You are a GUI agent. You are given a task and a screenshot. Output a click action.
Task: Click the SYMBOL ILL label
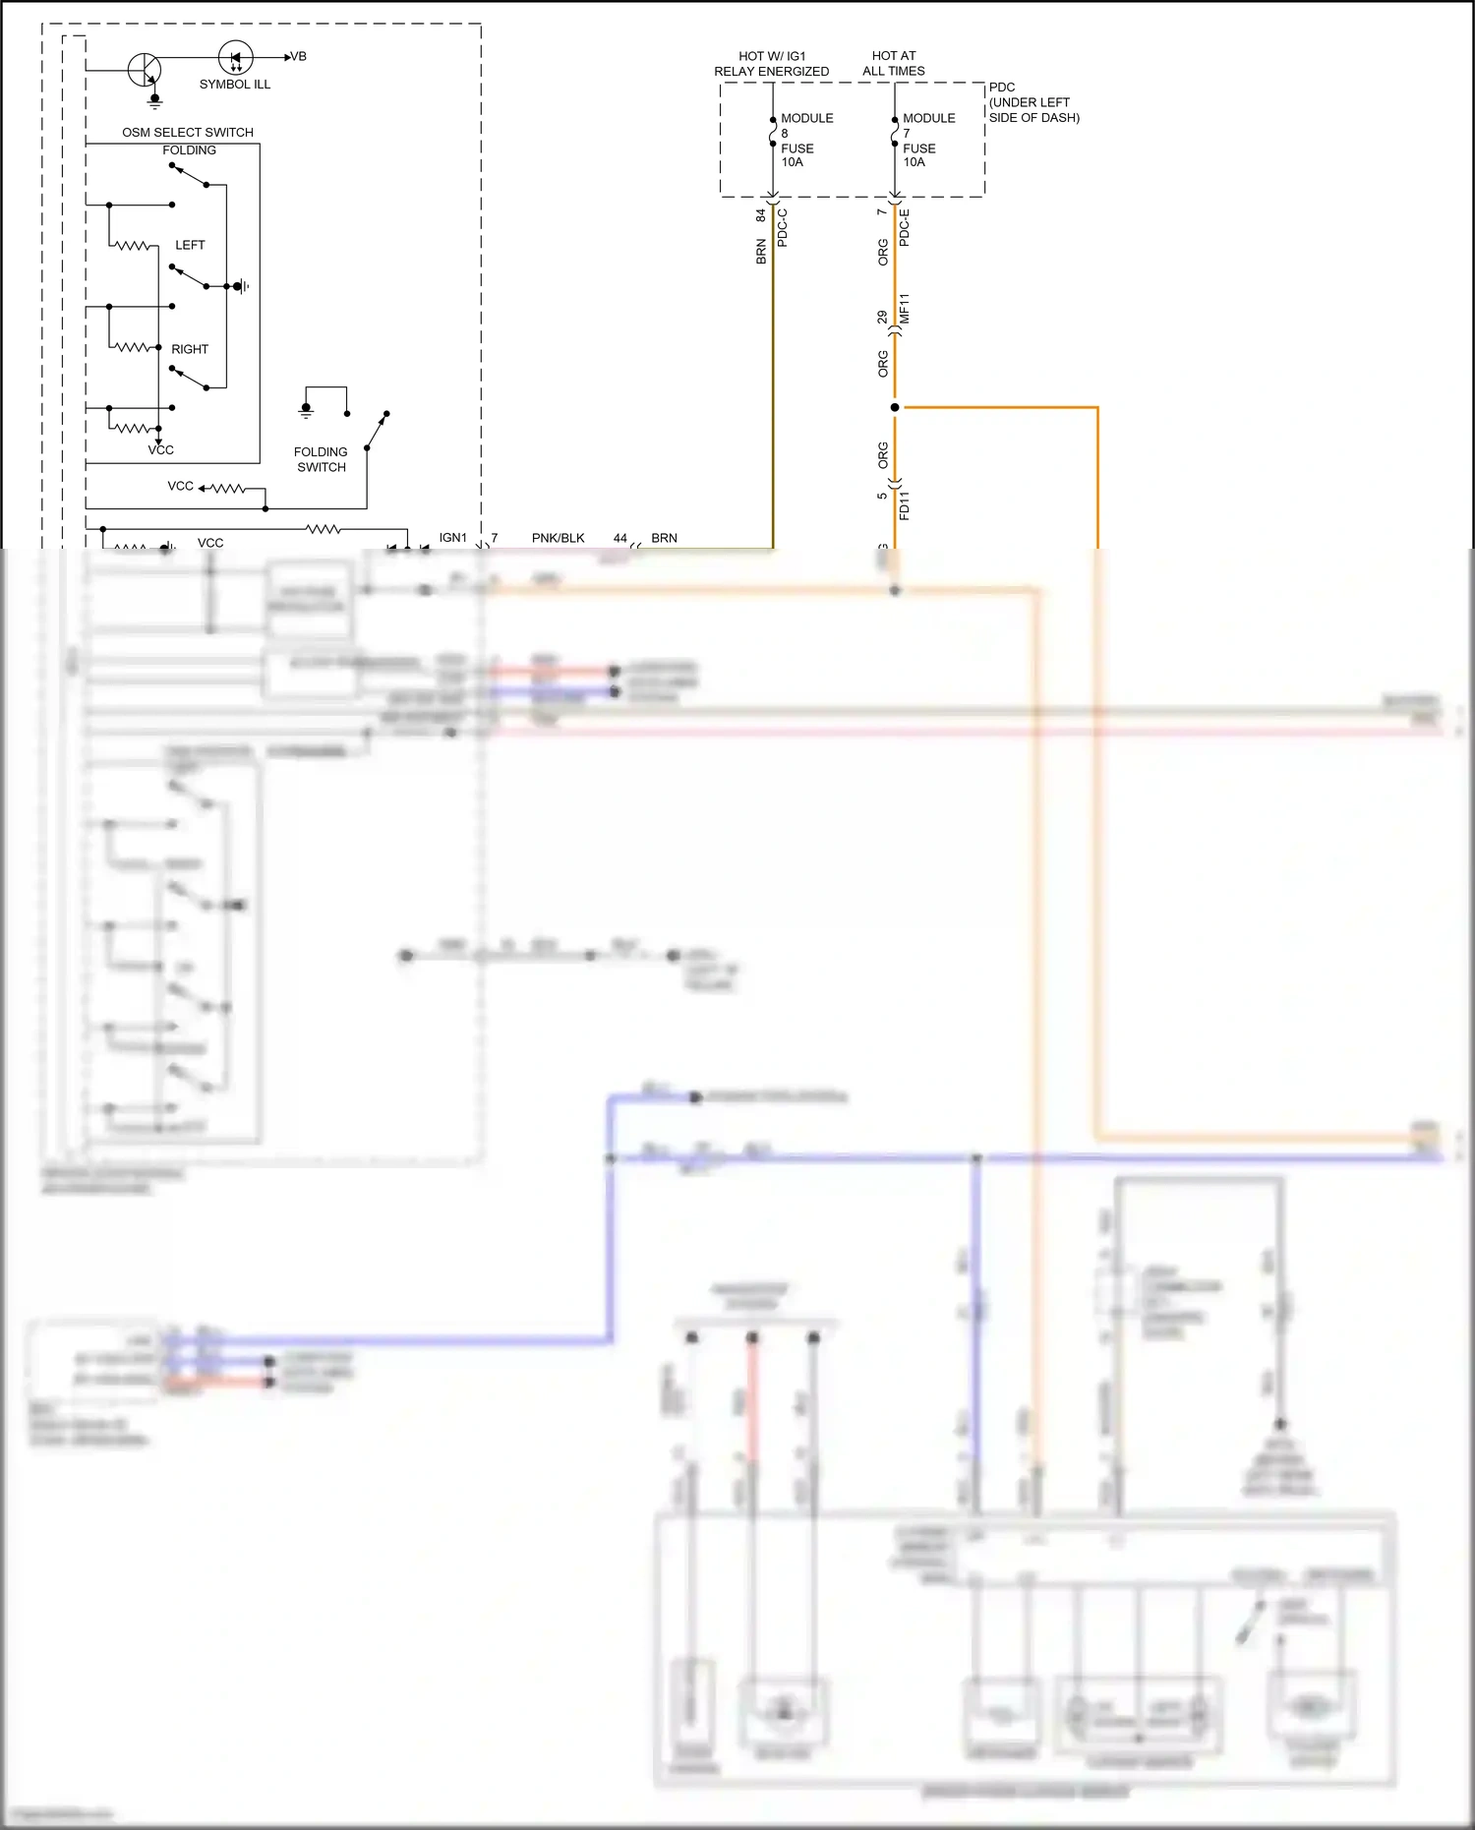pos(234,85)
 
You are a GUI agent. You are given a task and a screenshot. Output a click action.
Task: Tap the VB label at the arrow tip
pos(298,57)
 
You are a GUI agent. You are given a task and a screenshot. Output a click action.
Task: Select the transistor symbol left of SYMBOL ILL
pos(145,70)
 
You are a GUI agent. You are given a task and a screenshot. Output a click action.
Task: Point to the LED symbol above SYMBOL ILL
pos(235,58)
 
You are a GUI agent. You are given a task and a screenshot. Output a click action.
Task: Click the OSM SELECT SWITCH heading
pos(188,132)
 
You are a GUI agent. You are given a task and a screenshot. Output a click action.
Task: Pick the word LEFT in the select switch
pos(190,245)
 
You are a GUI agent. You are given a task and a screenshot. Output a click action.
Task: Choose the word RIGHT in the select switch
pos(190,349)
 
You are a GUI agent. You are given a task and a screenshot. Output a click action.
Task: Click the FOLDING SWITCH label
pos(321,459)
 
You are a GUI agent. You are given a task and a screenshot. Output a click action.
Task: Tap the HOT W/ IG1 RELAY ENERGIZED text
pos(772,64)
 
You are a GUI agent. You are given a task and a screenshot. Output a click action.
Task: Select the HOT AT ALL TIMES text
pos(894,64)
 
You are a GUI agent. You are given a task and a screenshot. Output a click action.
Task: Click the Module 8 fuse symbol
pos(773,133)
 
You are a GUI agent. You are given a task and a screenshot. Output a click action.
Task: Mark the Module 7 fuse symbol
pos(895,133)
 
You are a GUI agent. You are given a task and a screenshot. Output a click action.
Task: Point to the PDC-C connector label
pos(783,227)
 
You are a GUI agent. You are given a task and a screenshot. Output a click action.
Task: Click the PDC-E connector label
pos(905,227)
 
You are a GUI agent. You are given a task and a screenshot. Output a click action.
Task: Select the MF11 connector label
pos(905,309)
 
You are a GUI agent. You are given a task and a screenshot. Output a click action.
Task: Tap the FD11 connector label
pos(905,504)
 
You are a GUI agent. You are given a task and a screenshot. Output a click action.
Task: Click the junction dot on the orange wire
pos(895,407)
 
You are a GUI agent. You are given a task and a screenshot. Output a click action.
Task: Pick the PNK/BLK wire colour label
pos(558,538)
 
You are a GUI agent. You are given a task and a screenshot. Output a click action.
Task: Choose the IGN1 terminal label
pos(453,538)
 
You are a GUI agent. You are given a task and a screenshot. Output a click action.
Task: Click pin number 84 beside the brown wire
pos(761,214)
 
